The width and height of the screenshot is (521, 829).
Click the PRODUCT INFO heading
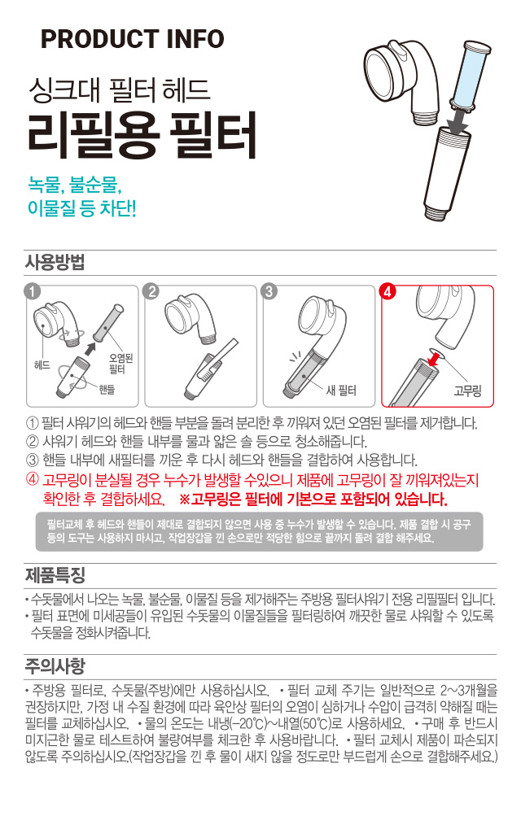pyautogui.click(x=132, y=39)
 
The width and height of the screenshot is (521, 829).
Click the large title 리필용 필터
pyautogui.click(x=142, y=135)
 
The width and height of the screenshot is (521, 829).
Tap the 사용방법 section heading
pyautogui.click(x=55, y=263)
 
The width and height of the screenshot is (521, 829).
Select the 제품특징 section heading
pyautogui.click(x=55, y=574)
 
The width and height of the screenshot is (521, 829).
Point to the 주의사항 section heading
pyautogui.click(x=55, y=666)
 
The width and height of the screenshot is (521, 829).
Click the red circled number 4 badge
pyautogui.click(x=388, y=291)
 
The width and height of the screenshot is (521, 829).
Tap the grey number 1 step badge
pyautogui.click(x=33, y=291)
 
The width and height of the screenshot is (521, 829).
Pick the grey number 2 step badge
pyautogui.click(x=151, y=291)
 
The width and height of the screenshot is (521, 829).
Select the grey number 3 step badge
pyautogui.click(x=269, y=291)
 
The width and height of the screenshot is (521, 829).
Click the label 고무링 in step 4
pyautogui.click(x=467, y=391)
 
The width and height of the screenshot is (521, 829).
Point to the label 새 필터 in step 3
pyautogui.click(x=340, y=391)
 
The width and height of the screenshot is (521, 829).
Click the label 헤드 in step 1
pyautogui.click(x=42, y=365)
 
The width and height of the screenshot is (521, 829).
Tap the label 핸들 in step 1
pyautogui.click(x=107, y=390)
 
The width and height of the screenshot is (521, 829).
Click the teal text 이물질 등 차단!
pyautogui.click(x=82, y=207)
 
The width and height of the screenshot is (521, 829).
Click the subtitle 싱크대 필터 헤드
pyautogui.click(x=120, y=89)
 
